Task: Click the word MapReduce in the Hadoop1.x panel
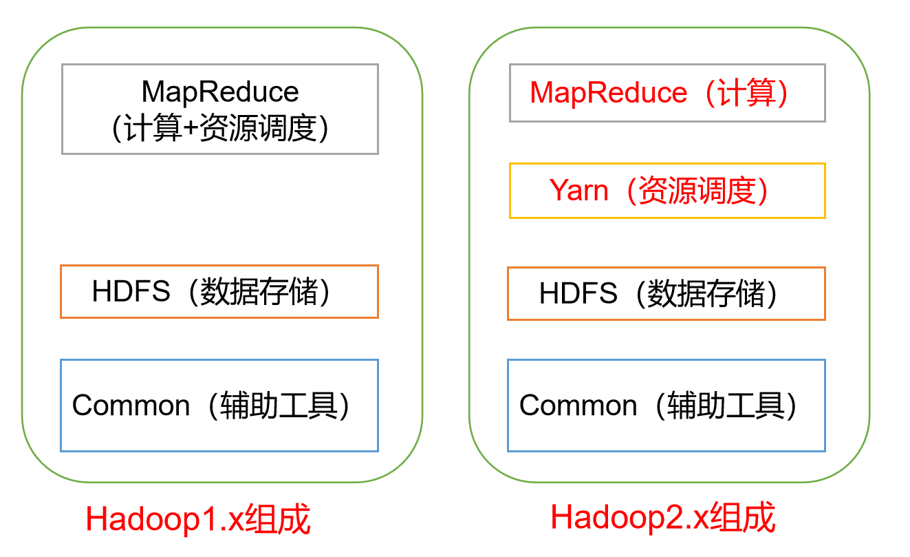[220, 92]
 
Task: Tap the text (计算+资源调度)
[219, 128]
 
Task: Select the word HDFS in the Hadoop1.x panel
[131, 292]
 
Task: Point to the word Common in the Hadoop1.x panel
[131, 405]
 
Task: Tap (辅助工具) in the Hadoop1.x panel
[279, 405]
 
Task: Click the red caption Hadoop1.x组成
[198, 520]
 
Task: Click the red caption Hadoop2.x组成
[663, 517]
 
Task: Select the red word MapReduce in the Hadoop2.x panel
[609, 92]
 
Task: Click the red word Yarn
[579, 190]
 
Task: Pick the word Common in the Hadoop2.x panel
[578, 405]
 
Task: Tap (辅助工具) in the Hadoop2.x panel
[726, 405]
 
